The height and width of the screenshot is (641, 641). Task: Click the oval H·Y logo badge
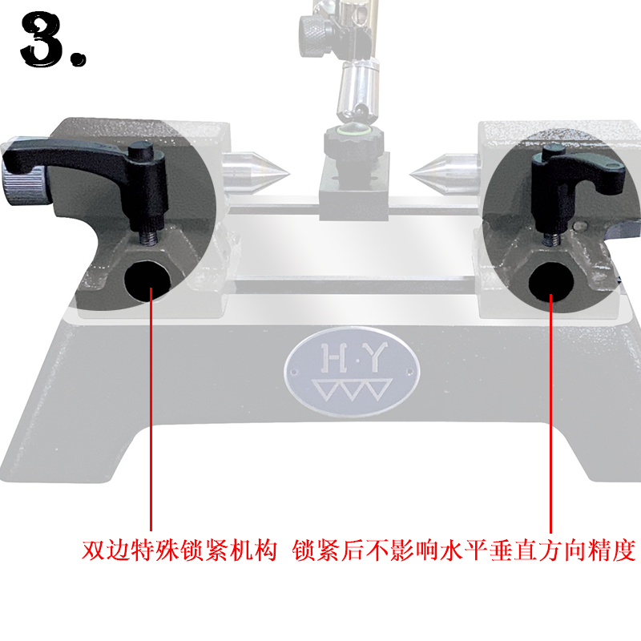pos(352,373)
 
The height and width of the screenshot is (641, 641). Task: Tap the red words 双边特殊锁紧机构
pos(179,551)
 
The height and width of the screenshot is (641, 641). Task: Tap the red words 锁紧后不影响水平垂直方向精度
pos(465,551)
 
